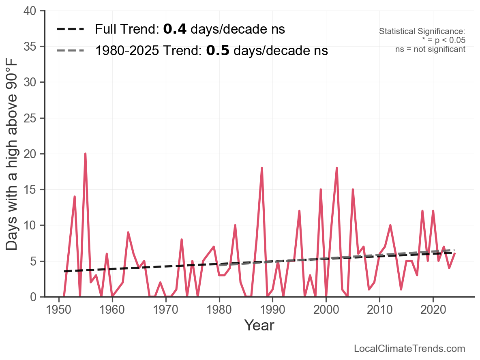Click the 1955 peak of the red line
pos(86,154)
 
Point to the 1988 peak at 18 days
pos(262,168)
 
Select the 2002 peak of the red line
pos(337,168)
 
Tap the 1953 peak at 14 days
pos(75,197)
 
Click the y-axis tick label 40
pos(30,11)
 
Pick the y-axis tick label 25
pos(30,118)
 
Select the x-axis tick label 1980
pos(219,309)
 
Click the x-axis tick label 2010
pos(379,309)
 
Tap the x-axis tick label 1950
pos(58,309)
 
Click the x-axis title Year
pos(259,325)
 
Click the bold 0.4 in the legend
pos(175,29)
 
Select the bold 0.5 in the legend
pos(218,51)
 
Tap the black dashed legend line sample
pos(71,29)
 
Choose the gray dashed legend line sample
pos(71,51)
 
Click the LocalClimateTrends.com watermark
pos(409,348)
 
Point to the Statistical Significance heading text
pos(422,31)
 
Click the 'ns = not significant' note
pos(430,49)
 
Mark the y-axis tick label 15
pos(30,189)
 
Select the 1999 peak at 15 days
pos(321,189)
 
